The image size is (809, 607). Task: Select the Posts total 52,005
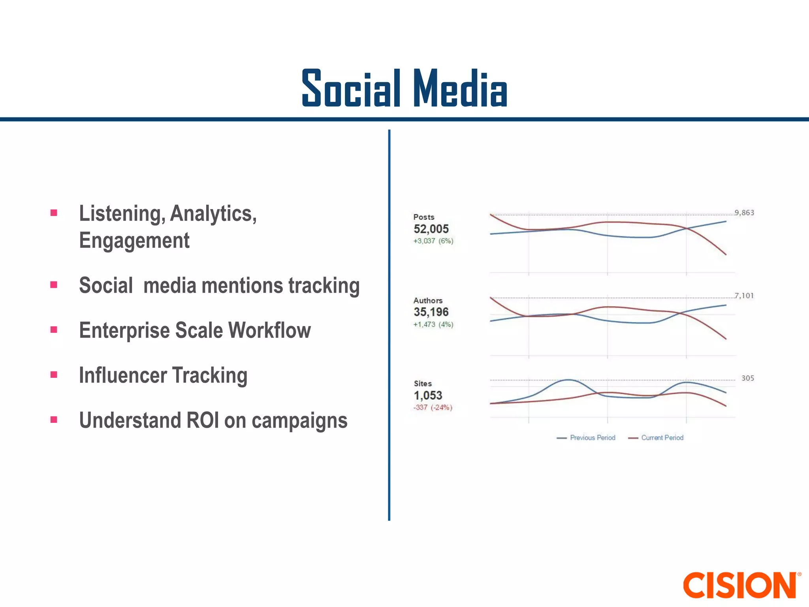click(431, 229)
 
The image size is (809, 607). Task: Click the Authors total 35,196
click(431, 312)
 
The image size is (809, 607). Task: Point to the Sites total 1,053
click(428, 395)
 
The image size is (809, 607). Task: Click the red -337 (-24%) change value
click(433, 407)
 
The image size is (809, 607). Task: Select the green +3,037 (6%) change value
click(433, 241)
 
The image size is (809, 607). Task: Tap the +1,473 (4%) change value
click(433, 324)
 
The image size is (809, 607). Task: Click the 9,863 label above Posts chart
click(744, 213)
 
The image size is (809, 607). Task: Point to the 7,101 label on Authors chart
click(744, 296)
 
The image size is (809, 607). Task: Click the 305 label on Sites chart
click(747, 378)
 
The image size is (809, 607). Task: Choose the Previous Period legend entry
click(592, 437)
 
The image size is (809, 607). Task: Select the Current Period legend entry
click(662, 437)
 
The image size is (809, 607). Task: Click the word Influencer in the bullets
click(122, 375)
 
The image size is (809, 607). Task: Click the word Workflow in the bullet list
click(269, 330)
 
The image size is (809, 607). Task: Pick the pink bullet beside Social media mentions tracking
click(54, 285)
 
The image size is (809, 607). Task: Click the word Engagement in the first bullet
click(134, 241)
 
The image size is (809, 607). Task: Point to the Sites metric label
click(423, 383)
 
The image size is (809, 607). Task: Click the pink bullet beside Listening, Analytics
click(54, 213)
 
